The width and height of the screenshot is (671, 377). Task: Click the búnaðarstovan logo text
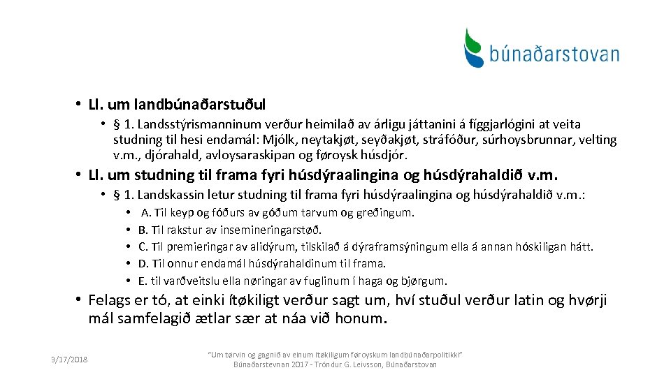coord(554,54)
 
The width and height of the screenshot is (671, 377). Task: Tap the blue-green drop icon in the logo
coord(475,47)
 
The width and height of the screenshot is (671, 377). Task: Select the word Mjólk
coord(288,140)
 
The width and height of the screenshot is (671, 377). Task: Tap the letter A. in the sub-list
coord(146,212)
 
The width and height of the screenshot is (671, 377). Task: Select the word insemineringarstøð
coord(275,230)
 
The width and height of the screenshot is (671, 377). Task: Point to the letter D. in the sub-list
coord(143,264)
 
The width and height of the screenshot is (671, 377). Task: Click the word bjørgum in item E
coord(424,281)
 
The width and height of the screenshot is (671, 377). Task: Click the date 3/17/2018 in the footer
coord(69,360)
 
